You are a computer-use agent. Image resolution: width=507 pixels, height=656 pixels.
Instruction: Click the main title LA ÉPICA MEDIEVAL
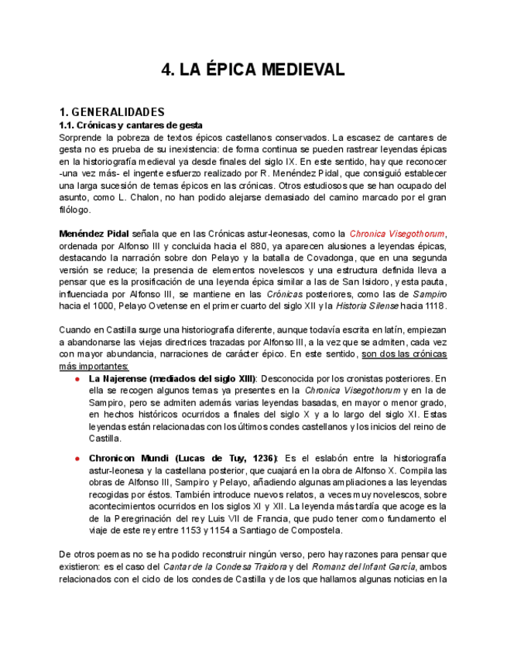252,70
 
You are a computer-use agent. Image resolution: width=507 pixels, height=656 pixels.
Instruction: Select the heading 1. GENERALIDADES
111,111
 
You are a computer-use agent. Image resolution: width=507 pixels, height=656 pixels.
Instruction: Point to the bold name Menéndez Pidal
94,234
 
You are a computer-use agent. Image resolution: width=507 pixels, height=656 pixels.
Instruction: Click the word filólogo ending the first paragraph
75,210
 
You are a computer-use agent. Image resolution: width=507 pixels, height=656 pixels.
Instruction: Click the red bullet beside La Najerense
77,379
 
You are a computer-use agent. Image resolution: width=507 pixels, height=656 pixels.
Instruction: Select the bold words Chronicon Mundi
125,458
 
